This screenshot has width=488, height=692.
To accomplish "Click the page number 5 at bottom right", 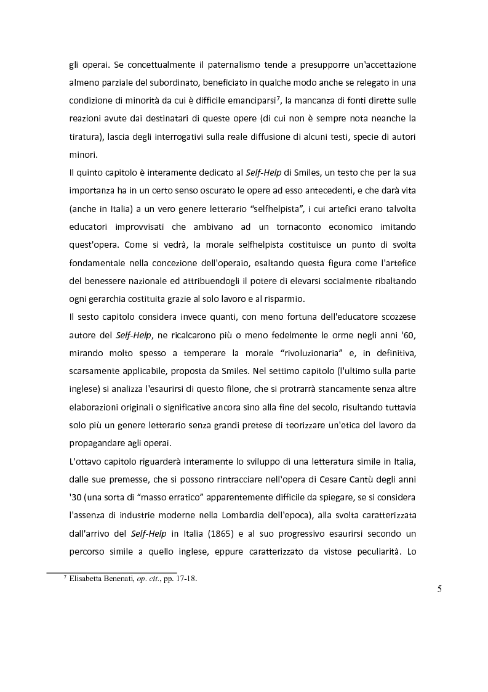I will (439, 588).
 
